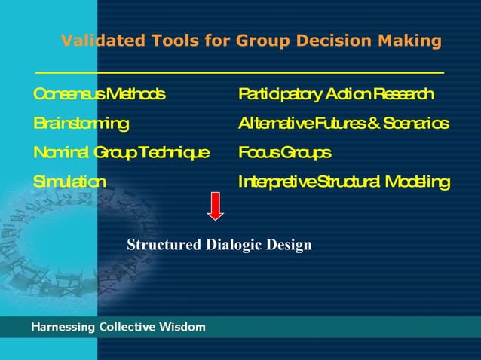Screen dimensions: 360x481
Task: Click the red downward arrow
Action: pyautogui.click(x=216, y=206)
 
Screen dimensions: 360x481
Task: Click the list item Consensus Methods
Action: pyautogui.click(x=99, y=94)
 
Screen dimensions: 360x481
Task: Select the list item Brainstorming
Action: pyautogui.click(x=81, y=123)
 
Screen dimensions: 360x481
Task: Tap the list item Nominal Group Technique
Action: pyautogui.click(x=121, y=153)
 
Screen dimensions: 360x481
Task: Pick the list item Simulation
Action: pyautogui.click(x=70, y=182)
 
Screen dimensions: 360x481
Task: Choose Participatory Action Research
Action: pyautogui.click(x=335, y=94)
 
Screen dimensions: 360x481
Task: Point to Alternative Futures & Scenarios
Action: pyautogui.click(x=344, y=123)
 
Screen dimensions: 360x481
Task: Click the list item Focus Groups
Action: pyautogui.click(x=284, y=153)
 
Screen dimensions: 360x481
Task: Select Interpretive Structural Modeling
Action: pyautogui.click(x=344, y=182)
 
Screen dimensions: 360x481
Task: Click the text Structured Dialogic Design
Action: pyautogui.click(x=219, y=245)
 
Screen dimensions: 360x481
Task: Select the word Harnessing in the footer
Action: pyautogui.click(x=63, y=327)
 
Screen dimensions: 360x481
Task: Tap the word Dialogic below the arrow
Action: pyautogui.click(x=232, y=245)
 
